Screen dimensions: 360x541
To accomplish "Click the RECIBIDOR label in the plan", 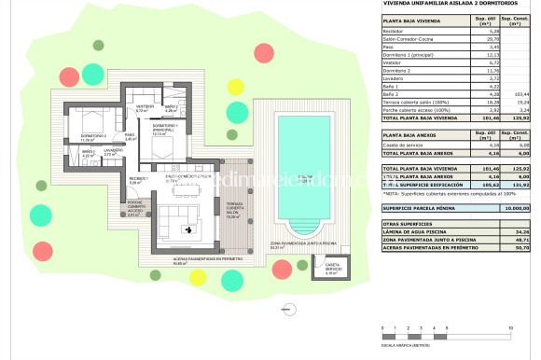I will [138, 179].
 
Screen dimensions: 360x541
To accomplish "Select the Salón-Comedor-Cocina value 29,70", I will [483, 39].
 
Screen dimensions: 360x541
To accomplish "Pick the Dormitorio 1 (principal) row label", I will [414, 55].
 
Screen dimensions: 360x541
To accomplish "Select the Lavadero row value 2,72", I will [483, 79].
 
